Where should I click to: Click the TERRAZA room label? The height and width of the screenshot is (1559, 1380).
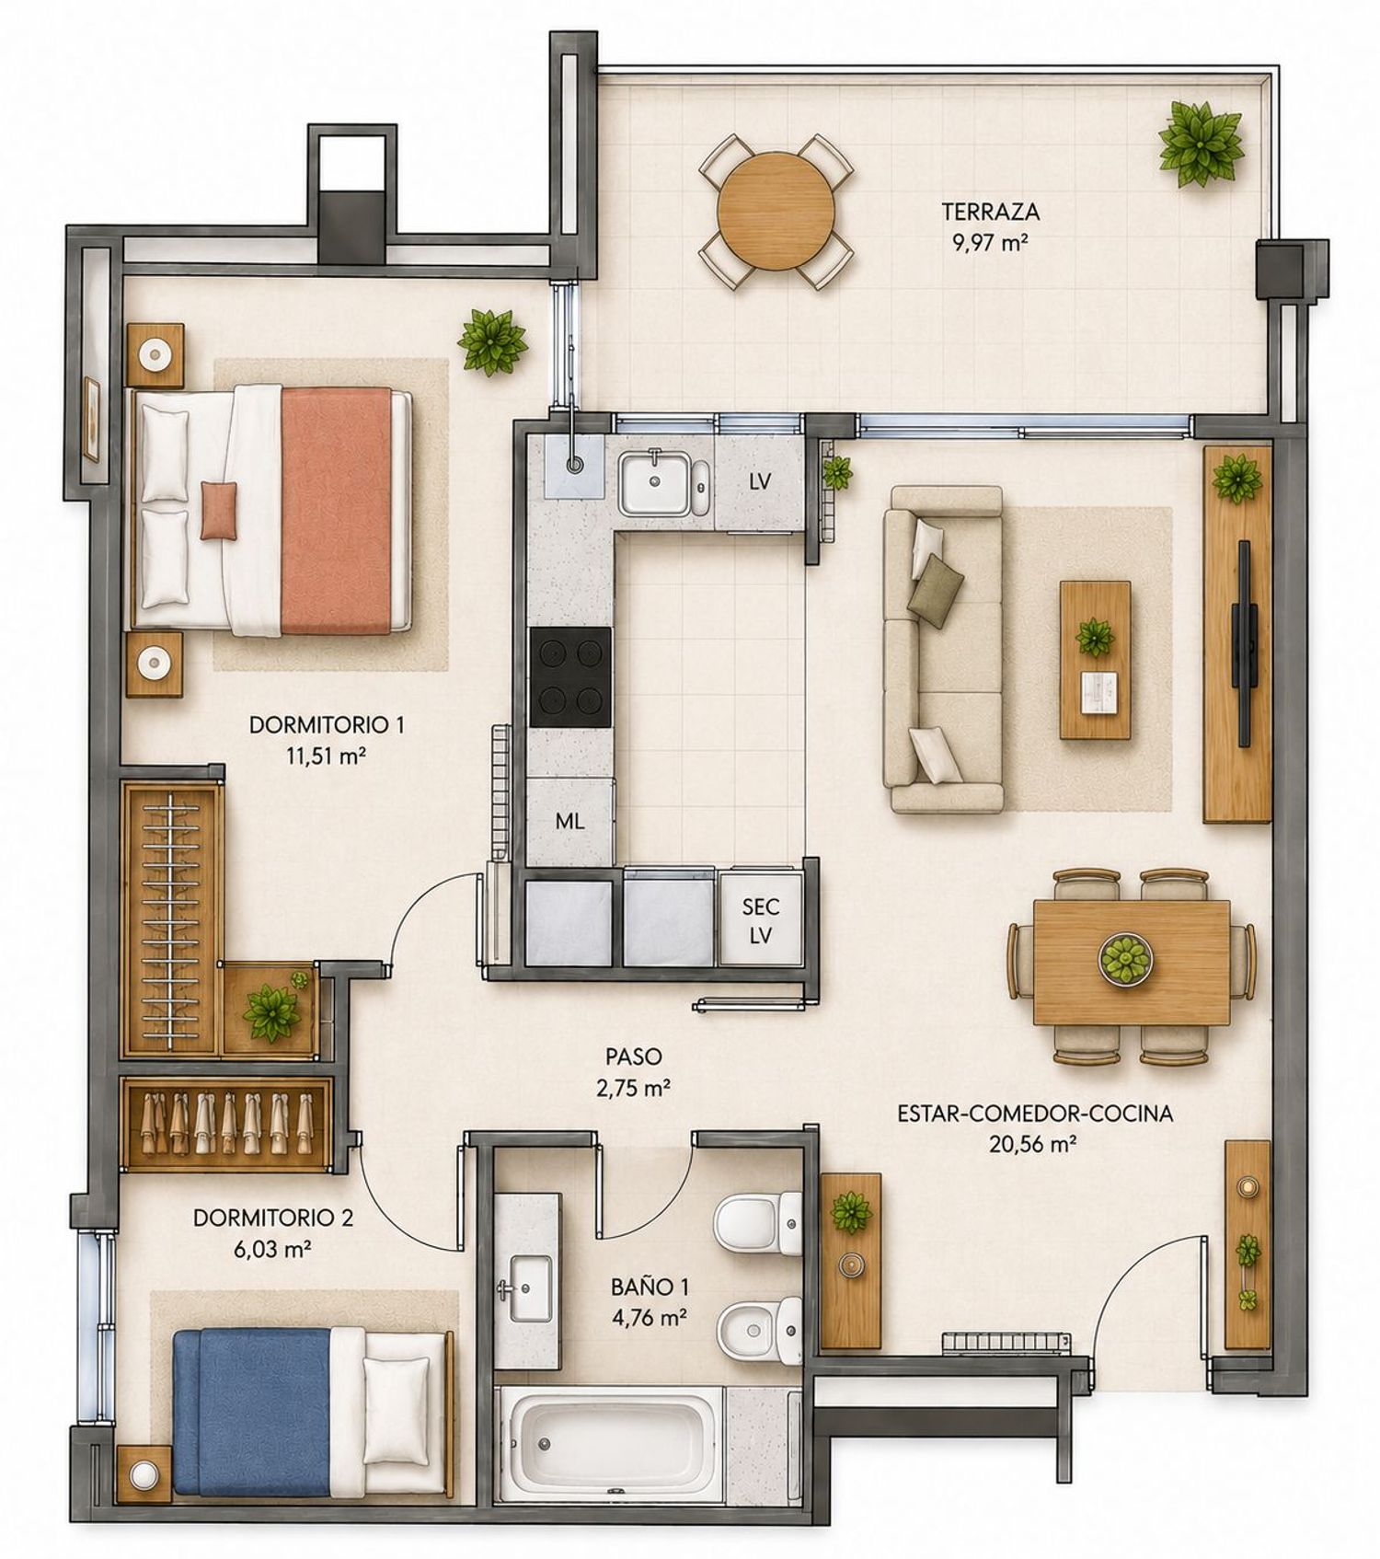(990, 212)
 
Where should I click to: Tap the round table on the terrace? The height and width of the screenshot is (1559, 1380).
(776, 211)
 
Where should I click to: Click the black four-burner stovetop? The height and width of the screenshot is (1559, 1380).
(570, 677)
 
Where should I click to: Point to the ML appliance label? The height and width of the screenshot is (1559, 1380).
(569, 822)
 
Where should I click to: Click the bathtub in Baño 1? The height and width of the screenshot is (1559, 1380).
(610, 1443)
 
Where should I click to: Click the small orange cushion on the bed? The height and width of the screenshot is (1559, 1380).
(219, 510)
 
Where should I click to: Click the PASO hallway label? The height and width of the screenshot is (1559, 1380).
(633, 1057)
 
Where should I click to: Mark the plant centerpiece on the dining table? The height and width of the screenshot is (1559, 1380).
(1126, 959)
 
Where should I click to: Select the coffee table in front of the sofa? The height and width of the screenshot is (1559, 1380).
(1095, 659)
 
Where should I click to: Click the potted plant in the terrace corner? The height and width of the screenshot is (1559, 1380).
(1202, 144)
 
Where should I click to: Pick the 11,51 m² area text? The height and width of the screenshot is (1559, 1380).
(327, 756)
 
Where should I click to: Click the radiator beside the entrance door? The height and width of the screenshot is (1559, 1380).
(1006, 1343)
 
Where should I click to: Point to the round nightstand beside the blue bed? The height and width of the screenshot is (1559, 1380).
(144, 1475)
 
